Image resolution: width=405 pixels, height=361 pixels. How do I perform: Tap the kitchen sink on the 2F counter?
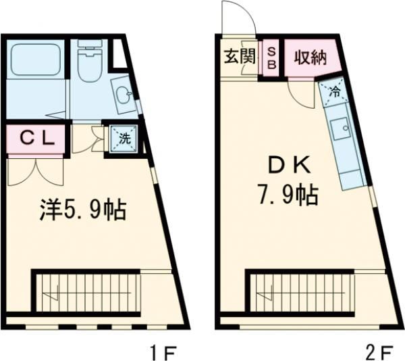point(342,128)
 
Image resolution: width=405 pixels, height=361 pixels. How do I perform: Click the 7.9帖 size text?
point(286,196)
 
